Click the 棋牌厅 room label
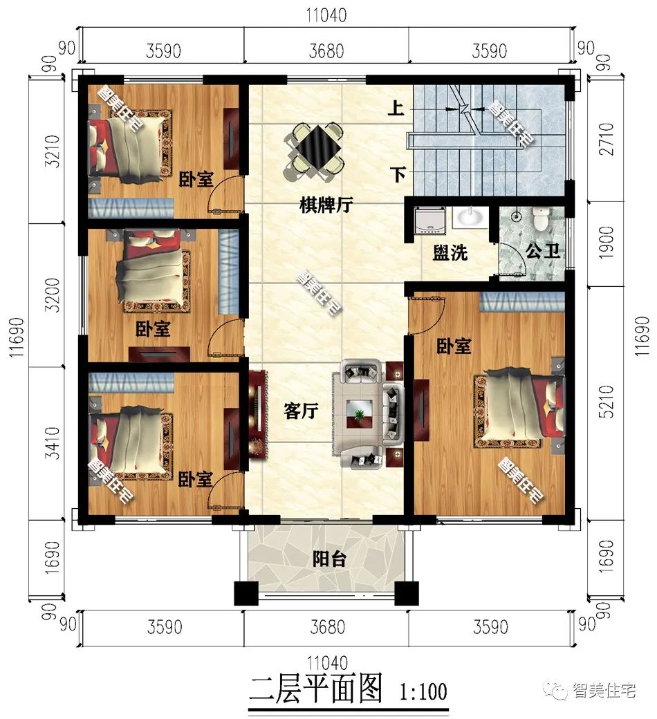326,205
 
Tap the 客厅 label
301,411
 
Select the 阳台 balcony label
329,559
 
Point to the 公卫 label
543,250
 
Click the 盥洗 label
450,252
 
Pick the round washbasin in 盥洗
469,217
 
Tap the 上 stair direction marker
396,109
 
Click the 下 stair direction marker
398,175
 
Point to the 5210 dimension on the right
606,401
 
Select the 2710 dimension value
606,138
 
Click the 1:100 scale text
423,691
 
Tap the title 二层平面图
315,689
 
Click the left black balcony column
246,593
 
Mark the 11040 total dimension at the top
326,15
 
